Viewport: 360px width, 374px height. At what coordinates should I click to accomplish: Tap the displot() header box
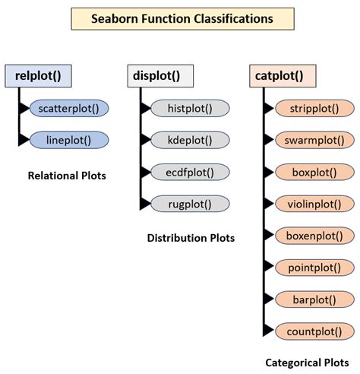click(159, 76)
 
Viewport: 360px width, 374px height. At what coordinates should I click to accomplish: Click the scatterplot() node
click(69, 108)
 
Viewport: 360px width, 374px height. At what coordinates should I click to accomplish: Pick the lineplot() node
click(69, 140)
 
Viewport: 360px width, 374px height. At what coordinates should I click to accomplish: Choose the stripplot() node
click(312, 108)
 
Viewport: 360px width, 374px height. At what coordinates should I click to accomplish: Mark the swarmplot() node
click(312, 140)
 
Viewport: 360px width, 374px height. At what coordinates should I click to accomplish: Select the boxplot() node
click(312, 172)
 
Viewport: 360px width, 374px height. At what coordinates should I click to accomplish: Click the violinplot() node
click(312, 203)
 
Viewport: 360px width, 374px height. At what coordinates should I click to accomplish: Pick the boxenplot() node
click(312, 235)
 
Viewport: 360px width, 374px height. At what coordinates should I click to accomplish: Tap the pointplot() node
click(312, 267)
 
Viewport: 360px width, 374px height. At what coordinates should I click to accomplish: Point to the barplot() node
click(312, 299)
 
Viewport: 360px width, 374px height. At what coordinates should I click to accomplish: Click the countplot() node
click(312, 331)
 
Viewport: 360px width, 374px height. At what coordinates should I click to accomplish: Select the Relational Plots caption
click(67, 176)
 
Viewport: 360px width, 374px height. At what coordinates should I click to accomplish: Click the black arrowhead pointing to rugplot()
click(144, 203)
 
